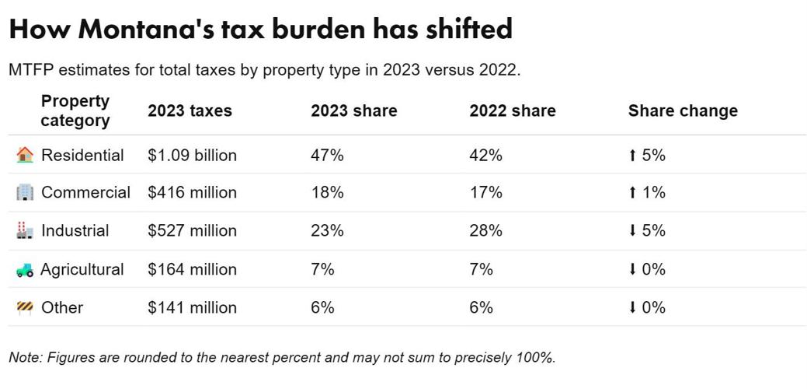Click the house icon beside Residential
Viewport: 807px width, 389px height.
[25, 155]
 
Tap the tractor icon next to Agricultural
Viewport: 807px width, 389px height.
[25, 270]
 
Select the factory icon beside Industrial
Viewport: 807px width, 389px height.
[25, 231]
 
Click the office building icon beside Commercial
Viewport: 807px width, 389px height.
[25, 193]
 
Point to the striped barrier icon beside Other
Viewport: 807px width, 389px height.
[25, 307]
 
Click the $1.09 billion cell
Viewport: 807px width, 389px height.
[192, 155]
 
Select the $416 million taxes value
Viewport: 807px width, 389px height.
[192, 192]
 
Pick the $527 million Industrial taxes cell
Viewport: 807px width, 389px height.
[192, 230]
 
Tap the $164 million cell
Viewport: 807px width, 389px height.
[192, 269]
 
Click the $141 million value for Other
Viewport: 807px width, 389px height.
[192, 307]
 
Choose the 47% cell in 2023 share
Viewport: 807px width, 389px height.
[327, 155]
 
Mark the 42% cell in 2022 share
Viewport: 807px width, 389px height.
[485, 155]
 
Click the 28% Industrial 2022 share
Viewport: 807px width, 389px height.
[485, 230]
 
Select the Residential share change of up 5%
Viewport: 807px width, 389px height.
[646, 155]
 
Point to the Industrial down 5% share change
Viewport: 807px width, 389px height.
[646, 230]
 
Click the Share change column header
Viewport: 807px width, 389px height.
[682, 110]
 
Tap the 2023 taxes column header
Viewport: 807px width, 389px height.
[190, 110]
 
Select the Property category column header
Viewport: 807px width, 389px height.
[75, 110]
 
